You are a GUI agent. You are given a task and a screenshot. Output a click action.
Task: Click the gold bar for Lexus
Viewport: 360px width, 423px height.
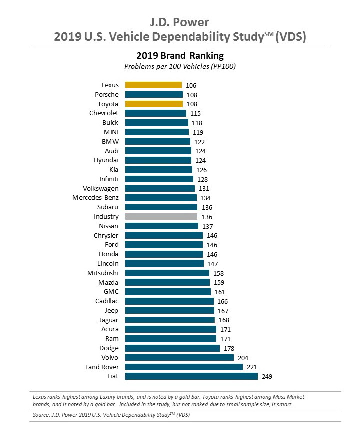click(x=153, y=85)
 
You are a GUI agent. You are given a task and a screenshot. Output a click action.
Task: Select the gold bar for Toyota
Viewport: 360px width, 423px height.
click(x=154, y=104)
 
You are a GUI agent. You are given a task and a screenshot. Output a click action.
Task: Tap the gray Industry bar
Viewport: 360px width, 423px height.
click(x=161, y=217)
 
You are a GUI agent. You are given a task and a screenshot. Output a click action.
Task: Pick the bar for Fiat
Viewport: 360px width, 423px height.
click(x=191, y=376)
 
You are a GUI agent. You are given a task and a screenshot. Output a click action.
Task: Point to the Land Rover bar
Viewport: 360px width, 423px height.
click(x=184, y=367)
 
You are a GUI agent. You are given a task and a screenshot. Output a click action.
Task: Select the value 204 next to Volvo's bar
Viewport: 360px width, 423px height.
click(x=243, y=358)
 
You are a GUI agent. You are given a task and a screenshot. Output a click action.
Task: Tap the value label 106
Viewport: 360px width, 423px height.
click(x=190, y=85)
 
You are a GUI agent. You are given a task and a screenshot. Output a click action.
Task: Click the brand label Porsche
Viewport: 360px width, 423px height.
click(x=107, y=94)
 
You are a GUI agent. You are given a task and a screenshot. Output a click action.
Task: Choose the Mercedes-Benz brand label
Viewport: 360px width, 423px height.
click(x=95, y=198)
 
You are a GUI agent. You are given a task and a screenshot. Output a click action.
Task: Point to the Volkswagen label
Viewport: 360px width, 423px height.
click(x=101, y=188)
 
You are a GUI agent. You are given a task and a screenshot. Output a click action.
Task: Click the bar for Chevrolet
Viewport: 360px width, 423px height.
click(x=155, y=113)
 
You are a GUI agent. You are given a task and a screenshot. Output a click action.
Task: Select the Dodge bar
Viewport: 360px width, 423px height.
click(x=172, y=348)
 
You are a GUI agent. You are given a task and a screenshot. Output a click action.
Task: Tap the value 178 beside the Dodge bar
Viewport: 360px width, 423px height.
click(x=229, y=348)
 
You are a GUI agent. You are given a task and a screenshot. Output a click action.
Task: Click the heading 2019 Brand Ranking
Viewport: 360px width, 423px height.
click(x=180, y=55)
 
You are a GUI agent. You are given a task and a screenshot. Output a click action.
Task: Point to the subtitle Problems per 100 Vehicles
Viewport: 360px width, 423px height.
click(x=180, y=66)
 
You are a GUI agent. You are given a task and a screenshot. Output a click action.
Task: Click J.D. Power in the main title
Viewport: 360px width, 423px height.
click(x=180, y=22)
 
